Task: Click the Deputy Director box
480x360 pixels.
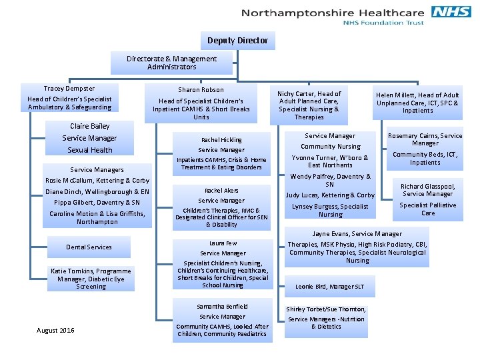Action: tap(237, 41)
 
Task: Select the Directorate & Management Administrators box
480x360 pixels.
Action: tap(172, 63)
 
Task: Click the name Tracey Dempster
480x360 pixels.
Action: tap(69, 89)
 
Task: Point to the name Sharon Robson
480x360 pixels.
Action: tap(201, 90)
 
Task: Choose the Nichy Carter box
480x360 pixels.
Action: tap(309, 105)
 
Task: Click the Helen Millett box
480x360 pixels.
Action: tap(418, 103)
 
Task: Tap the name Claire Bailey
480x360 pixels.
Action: tap(90, 126)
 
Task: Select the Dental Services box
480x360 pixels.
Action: tap(89, 247)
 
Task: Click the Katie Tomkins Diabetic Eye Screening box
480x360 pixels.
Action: tap(91, 278)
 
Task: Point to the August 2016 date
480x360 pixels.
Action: tap(56, 331)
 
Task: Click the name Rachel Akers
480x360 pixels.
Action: tap(222, 191)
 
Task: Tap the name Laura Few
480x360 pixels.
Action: tap(223, 243)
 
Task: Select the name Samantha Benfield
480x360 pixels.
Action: tap(223, 307)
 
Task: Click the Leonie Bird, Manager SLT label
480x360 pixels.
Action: tap(330, 287)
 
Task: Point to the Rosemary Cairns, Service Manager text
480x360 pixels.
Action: tap(425, 139)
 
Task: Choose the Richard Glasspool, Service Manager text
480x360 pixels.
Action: tap(428, 190)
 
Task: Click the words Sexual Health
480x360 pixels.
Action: tap(90, 150)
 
